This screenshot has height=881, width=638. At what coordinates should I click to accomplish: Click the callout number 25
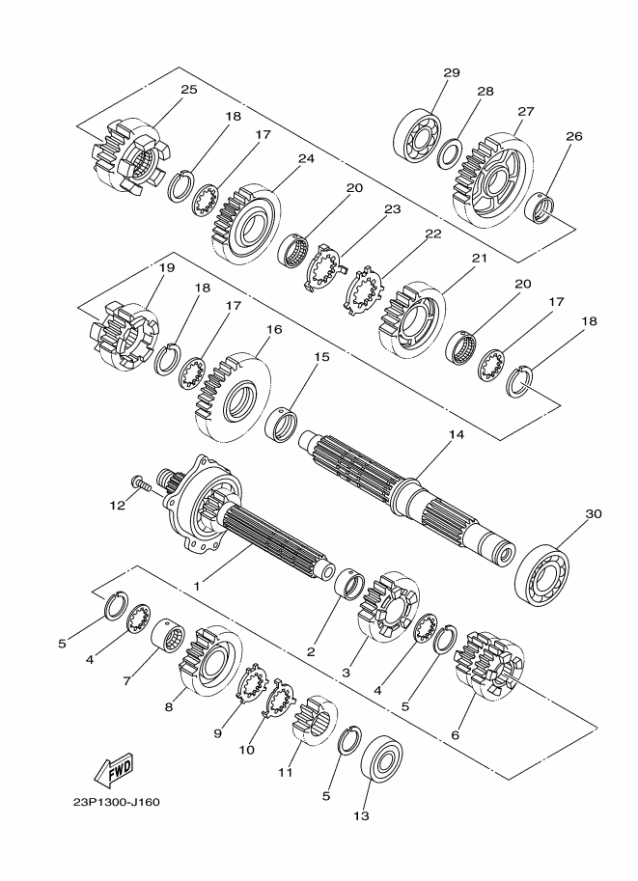189,90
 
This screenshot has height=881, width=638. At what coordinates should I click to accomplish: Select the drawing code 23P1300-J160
117,802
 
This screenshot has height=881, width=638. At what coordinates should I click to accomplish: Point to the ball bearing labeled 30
541,574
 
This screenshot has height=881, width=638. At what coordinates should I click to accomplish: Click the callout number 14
457,434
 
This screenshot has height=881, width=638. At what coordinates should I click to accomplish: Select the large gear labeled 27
493,179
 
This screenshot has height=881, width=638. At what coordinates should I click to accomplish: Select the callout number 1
197,586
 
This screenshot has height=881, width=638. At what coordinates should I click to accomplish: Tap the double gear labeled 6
489,665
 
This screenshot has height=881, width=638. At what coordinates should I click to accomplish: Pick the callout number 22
432,234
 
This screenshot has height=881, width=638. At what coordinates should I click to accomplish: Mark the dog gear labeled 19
124,336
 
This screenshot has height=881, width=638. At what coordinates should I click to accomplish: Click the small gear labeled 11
315,720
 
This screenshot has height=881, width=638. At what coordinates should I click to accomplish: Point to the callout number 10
246,750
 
